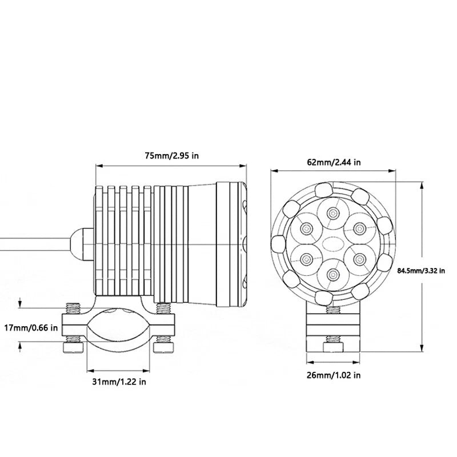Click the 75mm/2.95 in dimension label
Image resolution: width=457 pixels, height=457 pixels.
172,155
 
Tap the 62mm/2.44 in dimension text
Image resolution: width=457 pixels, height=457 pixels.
334,162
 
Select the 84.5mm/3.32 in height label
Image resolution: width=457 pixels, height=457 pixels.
421,271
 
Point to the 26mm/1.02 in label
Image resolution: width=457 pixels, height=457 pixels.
334,375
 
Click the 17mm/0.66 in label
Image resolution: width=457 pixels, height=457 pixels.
31,328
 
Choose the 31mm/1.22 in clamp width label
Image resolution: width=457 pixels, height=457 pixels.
119,382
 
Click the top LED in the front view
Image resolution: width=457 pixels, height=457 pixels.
332,214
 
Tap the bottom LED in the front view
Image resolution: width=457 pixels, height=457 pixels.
332,274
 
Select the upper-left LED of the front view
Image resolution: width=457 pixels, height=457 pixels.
306,228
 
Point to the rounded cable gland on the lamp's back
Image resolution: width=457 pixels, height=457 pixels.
82,244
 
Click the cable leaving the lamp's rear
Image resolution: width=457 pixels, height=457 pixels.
35,244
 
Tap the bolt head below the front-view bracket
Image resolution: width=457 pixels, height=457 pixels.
334,348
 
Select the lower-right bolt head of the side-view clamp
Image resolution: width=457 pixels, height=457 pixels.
163,347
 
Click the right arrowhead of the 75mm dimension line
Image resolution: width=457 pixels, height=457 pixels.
243,166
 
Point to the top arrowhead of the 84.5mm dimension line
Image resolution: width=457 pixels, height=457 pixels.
422,185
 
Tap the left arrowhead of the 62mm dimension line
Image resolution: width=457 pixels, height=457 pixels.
275,171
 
